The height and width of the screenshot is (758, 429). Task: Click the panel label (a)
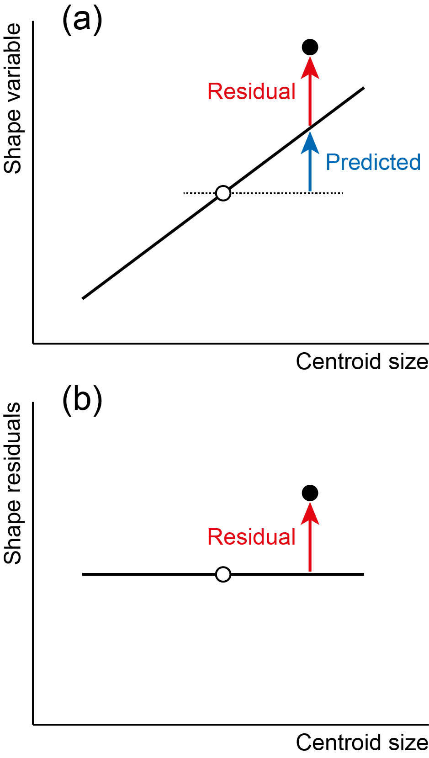tap(82, 20)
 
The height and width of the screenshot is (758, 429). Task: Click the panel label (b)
tap(82, 401)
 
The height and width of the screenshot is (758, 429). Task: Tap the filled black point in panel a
tap(310, 47)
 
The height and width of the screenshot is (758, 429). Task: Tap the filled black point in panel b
tap(310, 493)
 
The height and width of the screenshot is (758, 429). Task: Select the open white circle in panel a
tap(223, 193)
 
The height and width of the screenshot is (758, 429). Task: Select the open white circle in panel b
tap(223, 574)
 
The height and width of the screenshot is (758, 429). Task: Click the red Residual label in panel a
tap(252, 91)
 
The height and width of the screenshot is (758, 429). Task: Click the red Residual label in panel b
tap(252, 537)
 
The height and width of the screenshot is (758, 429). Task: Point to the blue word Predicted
tap(373, 162)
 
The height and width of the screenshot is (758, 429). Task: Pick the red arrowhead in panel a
tap(310, 68)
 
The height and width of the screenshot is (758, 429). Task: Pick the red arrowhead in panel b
tap(310, 514)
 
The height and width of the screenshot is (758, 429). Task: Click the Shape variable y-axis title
tap(12, 99)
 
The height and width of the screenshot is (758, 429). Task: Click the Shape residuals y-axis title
tap(12, 483)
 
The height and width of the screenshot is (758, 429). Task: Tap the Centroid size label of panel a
tap(362, 361)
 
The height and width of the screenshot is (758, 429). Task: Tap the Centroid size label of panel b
tap(362, 742)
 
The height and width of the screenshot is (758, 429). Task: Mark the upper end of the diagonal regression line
tap(364, 88)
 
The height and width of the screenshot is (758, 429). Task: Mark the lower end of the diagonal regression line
tap(83, 298)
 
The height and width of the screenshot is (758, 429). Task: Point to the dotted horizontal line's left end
tap(184, 193)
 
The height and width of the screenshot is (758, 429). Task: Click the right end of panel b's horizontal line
tap(364, 574)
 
